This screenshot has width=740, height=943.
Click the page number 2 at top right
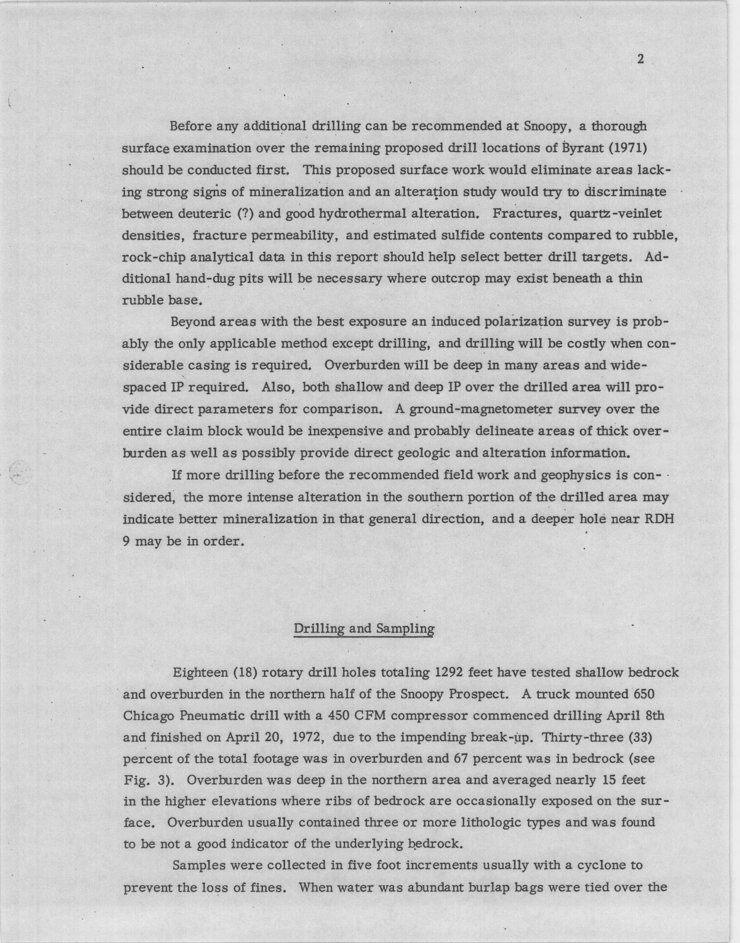pyautogui.click(x=641, y=60)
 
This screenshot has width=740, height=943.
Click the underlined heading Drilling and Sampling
pyautogui.click(x=364, y=629)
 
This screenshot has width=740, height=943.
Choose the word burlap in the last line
pyautogui.click(x=488, y=887)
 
